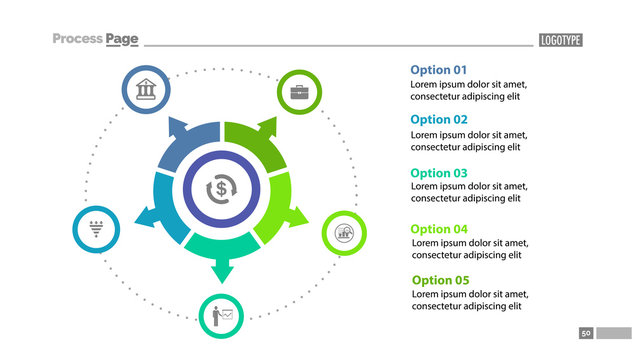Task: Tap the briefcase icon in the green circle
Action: [x=298, y=92]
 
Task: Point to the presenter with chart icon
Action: [x=222, y=317]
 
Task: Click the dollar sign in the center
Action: [x=221, y=189]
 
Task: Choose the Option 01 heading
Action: [x=438, y=70]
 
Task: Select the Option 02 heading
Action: [x=438, y=119]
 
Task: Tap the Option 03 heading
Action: [x=438, y=173]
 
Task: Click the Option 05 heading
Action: [x=440, y=280]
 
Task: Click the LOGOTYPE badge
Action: [x=560, y=40]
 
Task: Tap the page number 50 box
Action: [x=586, y=332]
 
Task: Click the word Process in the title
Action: [x=78, y=39]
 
